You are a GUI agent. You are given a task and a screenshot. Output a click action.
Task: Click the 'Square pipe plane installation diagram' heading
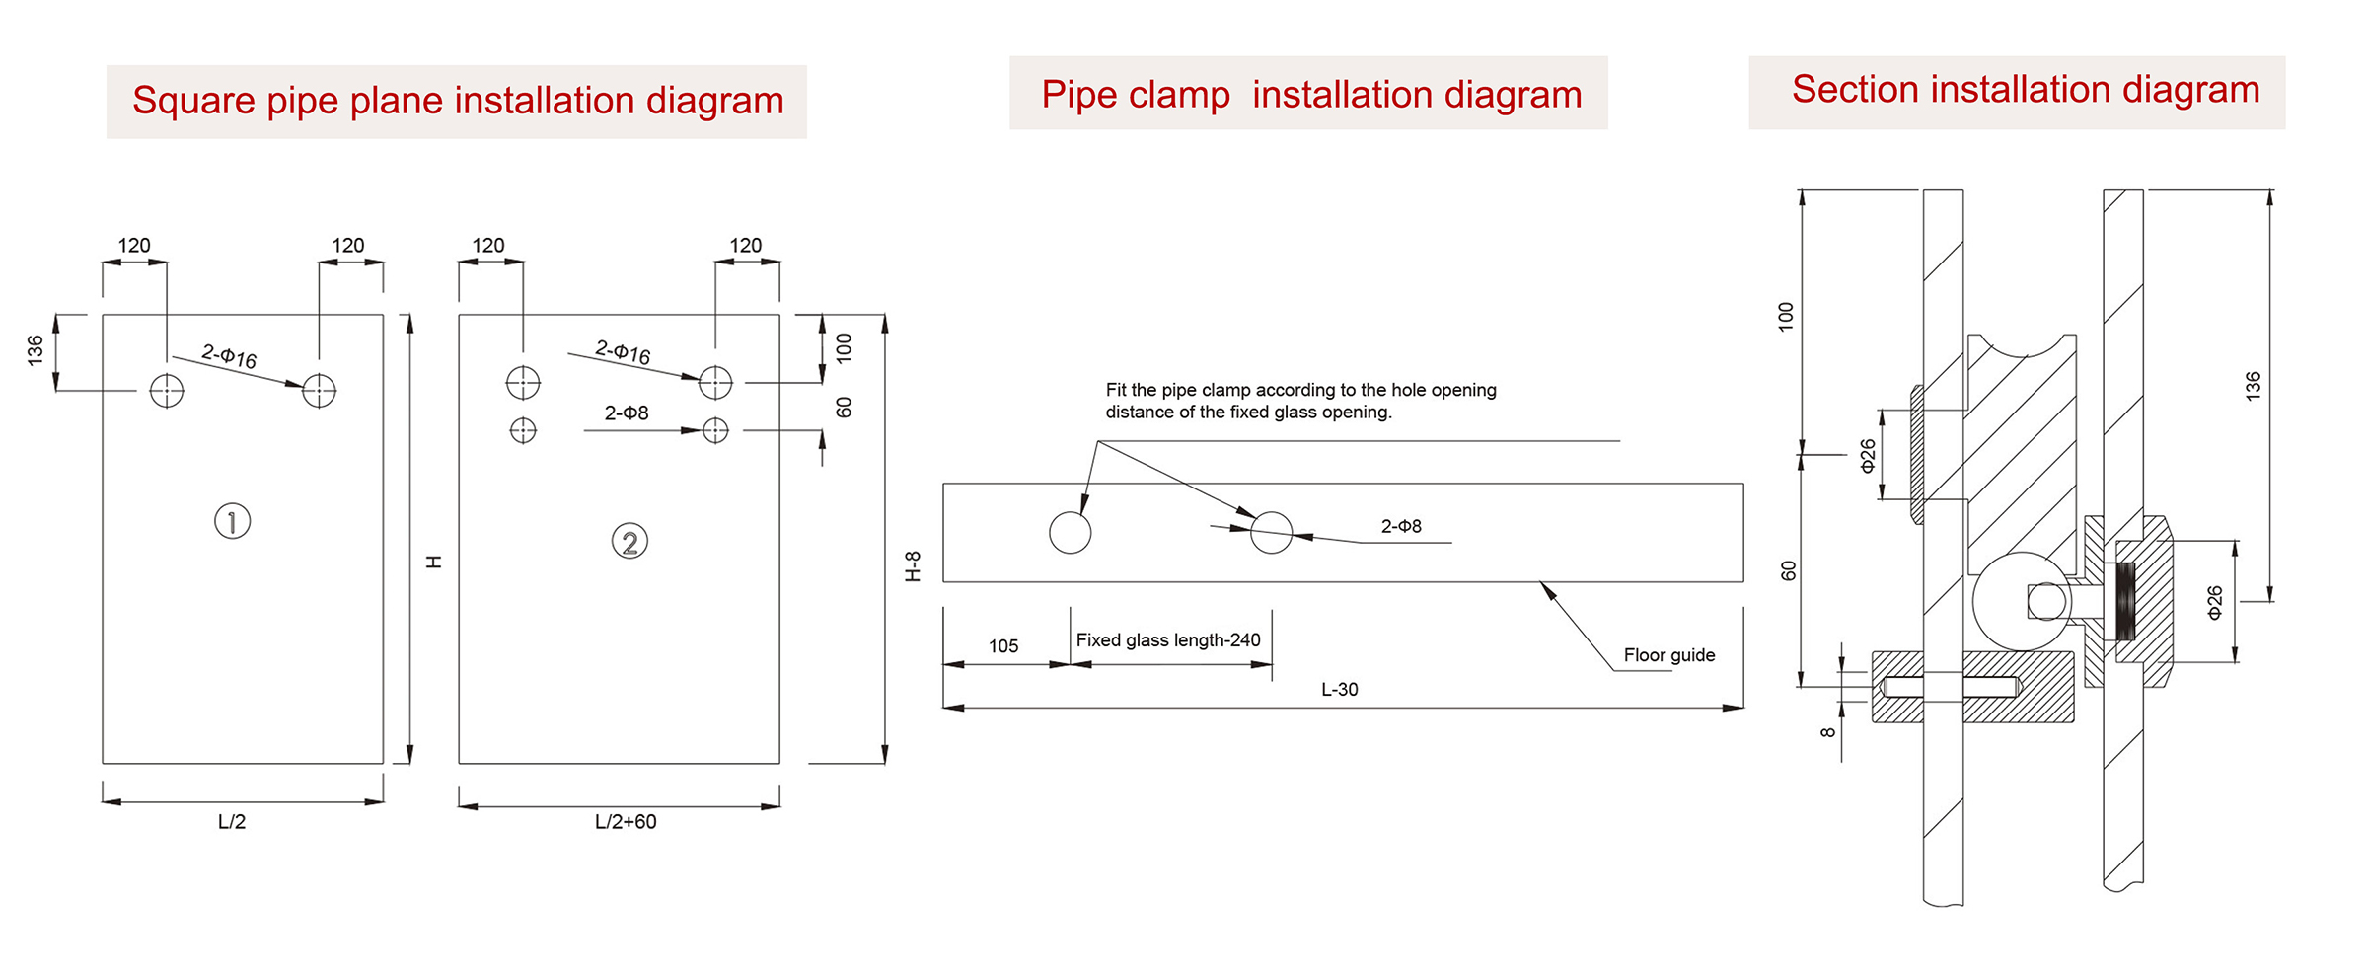pos(458,101)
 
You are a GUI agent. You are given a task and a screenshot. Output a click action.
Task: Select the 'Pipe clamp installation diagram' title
pos(1311,95)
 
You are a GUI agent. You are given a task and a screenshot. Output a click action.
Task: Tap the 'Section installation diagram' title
pos(2026,89)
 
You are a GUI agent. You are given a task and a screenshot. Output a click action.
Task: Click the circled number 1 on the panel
pos(233,521)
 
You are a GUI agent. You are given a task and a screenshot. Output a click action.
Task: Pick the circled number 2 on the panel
pos(629,541)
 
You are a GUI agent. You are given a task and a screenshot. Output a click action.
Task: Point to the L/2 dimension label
pos(232,822)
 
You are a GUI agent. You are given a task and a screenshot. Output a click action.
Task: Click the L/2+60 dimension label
pos(626,822)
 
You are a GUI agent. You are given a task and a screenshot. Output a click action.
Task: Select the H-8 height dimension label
pos(914,566)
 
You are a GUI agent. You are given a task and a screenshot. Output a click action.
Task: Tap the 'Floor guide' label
pos(1669,655)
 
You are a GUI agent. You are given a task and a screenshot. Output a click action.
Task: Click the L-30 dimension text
pos(1340,689)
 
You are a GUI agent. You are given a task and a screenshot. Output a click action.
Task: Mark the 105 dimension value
pos(1003,646)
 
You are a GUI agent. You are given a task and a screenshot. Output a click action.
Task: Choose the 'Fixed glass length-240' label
pos(1168,640)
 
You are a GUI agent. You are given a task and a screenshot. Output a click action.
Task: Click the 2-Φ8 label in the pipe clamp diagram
pos(1401,527)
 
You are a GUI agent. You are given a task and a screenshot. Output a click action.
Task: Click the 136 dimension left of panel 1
pos(36,351)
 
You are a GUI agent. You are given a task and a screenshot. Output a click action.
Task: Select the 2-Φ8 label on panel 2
pos(627,412)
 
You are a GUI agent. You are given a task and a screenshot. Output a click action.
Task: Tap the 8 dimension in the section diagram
pos(1828,732)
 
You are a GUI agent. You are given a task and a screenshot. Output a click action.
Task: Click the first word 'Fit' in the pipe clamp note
pos(1116,390)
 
